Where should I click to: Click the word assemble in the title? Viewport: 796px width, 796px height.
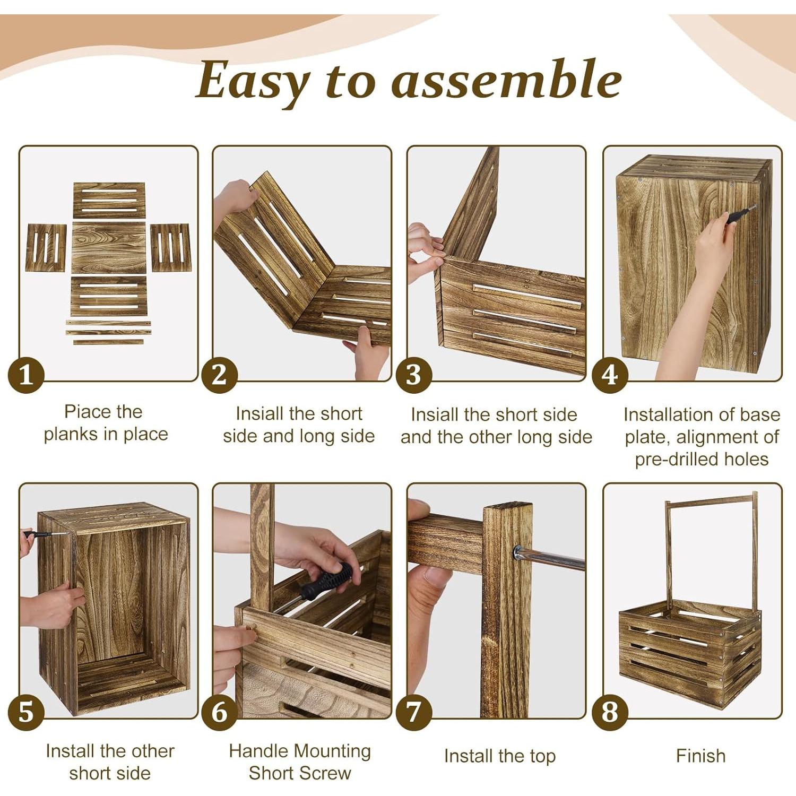506,81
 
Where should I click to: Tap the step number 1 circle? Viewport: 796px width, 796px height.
25,375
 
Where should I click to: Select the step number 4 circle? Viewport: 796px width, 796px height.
610,375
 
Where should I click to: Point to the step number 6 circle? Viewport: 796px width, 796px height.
219,713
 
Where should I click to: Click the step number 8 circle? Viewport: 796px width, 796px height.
610,713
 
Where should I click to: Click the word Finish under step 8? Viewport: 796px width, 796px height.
700,756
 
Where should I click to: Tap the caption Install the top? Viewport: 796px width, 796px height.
499,756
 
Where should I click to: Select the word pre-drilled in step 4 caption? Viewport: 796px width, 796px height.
670,459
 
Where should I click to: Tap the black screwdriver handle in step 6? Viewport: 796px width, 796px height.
327,581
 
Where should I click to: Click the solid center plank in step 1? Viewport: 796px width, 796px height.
109,248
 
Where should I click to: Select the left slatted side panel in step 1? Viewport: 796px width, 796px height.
46,247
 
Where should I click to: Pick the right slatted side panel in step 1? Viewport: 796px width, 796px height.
170,247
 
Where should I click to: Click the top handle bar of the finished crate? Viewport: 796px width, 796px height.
711,500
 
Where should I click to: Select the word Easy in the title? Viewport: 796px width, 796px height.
252,81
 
